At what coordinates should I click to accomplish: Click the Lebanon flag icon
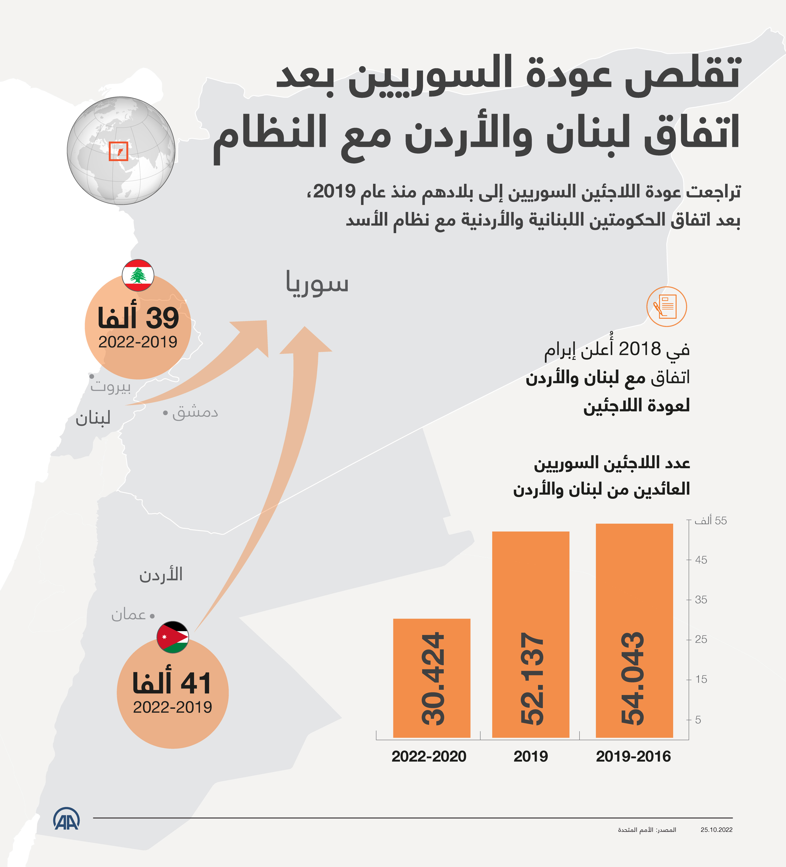pyautogui.click(x=138, y=275)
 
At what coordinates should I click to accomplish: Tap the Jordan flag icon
pyautogui.click(x=172, y=637)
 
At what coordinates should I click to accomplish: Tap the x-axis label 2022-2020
pyautogui.click(x=429, y=757)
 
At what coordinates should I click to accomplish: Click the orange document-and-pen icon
pyautogui.click(x=666, y=307)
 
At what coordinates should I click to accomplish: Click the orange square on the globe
pyautogui.click(x=118, y=151)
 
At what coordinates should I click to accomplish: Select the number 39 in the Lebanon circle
pyautogui.click(x=162, y=318)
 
